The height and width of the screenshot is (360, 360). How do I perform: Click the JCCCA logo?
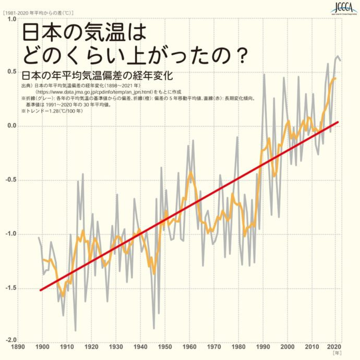tap(342, 8)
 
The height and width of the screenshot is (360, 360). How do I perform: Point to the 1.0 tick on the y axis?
tap(10, 19)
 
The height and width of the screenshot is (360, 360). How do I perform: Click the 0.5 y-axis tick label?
tap(10, 72)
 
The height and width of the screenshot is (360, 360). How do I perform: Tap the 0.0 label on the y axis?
tap(10, 126)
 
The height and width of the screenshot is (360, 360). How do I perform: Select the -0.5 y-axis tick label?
tap(9, 179)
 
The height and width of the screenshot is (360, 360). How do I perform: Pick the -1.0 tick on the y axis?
tap(9, 234)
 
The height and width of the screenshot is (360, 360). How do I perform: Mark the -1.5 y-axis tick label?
tap(9, 287)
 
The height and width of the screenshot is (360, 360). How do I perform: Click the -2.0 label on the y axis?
tap(9, 341)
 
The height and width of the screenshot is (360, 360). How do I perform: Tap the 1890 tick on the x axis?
tap(18, 346)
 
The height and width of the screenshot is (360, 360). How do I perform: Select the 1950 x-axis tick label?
tap(165, 346)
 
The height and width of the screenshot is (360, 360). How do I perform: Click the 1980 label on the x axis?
tap(238, 346)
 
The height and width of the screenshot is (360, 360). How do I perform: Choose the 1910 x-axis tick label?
tap(67, 346)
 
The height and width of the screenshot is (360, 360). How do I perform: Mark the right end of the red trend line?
tap(338, 122)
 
